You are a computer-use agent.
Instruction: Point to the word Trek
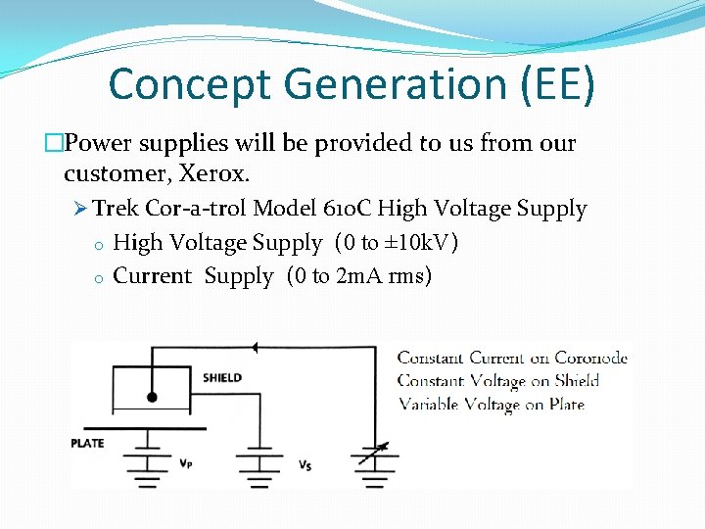(116, 209)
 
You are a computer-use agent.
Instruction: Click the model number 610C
(346, 209)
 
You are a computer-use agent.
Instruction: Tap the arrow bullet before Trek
(80, 209)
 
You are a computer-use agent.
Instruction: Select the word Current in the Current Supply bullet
(153, 275)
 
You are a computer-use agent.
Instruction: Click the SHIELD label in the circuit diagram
(221, 377)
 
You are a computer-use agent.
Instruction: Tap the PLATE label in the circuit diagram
(87, 444)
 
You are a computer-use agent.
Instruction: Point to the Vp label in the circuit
(185, 461)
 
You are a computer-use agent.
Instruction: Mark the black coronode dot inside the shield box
(151, 397)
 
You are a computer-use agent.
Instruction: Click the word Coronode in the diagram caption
(590, 358)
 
